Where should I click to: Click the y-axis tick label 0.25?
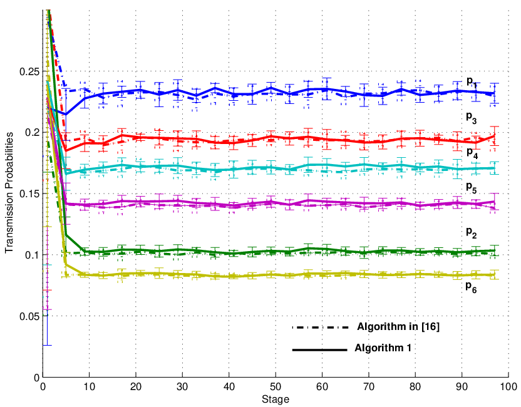29,71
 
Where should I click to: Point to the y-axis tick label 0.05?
29,316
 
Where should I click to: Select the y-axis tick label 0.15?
29,193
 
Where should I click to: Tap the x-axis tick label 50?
276,386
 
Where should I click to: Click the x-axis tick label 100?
508,386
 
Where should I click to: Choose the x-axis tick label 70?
369,386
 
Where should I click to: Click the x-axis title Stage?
276,399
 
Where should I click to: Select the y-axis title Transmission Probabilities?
9,192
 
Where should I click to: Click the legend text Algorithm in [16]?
398,327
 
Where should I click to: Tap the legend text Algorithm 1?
383,348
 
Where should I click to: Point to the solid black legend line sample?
319,350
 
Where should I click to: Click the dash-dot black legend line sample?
321,327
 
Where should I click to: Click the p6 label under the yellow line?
471,287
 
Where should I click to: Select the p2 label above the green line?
471,232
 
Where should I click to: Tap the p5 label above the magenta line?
471,187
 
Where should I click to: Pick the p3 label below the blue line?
471,117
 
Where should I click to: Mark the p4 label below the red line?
472,153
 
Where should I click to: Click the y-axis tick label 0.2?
31,133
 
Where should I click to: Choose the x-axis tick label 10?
89,386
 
